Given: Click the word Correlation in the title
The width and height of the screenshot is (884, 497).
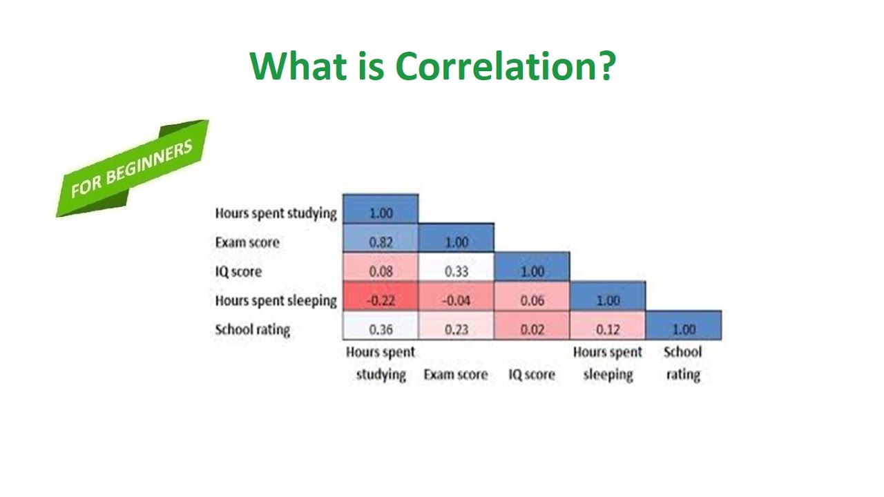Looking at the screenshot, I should coord(504,66).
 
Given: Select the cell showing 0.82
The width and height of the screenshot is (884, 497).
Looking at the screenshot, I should coord(381,242).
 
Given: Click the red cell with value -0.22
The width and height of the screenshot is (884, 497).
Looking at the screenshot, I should coord(381,300).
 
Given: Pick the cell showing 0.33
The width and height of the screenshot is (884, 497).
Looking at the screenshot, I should coord(457,271).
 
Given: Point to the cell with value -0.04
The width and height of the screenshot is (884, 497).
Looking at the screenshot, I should coord(457,300).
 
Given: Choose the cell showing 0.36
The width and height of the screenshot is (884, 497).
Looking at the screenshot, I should coord(381,329).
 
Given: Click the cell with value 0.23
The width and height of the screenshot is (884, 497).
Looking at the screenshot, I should coord(457,329).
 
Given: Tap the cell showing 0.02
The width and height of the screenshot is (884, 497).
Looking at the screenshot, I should coord(532,329).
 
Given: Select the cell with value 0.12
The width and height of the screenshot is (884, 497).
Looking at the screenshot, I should coord(608,329).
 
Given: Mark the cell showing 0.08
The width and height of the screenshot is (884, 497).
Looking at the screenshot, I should coord(381,271).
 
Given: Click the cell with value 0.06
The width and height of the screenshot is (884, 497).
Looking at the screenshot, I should coord(532,300).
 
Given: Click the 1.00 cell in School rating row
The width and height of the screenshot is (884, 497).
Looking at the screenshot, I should coord(684,329).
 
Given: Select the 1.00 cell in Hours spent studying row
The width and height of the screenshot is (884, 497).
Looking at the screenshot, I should coord(381,213).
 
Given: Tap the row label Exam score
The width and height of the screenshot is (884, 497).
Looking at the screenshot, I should coord(247,242).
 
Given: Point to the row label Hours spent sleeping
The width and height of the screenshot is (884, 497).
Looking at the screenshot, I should coord(276,300).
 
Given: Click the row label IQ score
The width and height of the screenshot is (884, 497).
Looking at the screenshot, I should coord(238,271).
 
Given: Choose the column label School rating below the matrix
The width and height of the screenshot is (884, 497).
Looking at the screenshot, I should coord(682,363).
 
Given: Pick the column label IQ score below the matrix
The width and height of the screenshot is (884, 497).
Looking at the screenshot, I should coord(531,375).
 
